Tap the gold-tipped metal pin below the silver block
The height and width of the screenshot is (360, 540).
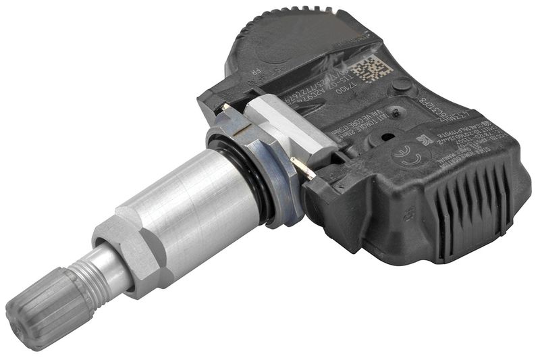303,169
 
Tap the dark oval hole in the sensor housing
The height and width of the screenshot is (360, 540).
387,136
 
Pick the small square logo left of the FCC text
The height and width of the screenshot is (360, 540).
424,140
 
